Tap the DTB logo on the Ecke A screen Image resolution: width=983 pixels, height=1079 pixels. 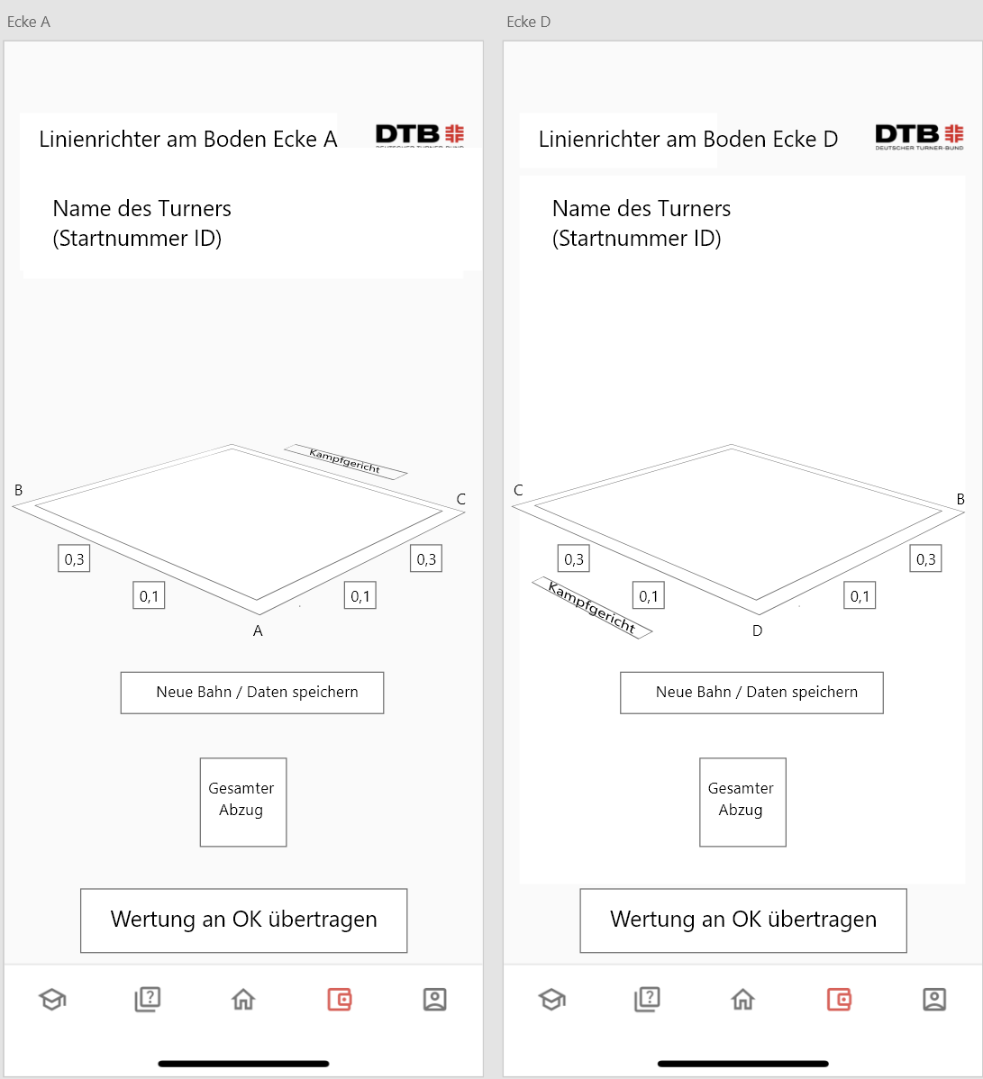[419, 135]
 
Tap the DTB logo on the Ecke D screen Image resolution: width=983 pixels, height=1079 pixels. [919, 137]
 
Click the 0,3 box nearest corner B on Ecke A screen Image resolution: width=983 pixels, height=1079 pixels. [75, 558]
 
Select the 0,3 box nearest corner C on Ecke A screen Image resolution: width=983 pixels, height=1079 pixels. [426, 558]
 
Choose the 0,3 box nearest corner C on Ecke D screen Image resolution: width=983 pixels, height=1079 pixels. [573, 558]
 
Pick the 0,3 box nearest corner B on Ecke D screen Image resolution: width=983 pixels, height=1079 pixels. [926, 558]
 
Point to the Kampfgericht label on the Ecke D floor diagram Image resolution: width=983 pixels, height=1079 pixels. [592, 607]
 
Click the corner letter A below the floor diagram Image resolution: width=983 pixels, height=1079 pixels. [259, 631]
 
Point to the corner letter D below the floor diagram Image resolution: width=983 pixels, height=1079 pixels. [757, 631]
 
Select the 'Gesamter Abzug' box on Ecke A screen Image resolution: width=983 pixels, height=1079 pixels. [243, 802]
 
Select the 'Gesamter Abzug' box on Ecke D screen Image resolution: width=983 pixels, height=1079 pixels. [742, 802]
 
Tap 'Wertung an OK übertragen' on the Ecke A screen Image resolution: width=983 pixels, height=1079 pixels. [243, 920]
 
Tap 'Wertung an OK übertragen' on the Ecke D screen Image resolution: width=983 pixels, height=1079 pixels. [743, 920]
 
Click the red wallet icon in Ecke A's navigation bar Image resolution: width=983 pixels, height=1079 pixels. [340, 999]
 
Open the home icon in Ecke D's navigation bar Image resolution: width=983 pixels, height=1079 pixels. [742, 999]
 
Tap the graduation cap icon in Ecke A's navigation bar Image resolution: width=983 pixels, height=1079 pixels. [52, 999]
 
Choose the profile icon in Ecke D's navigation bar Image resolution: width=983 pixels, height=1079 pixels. [934, 999]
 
